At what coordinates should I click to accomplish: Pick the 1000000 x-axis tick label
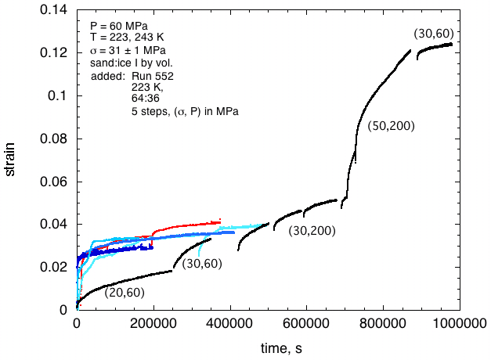pos(457,323)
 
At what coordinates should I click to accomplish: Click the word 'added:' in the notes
pos(107,76)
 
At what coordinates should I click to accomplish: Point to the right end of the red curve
pos(221,221)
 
